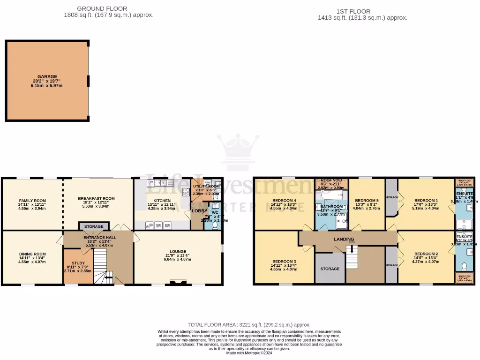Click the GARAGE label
tap(47, 77)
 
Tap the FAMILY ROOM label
tap(32, 201)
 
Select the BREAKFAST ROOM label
tap(96, 199)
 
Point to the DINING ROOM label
tap(32, 254)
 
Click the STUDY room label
tap(78, 263)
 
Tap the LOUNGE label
tap(178, 252)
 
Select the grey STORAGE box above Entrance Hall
tap(94, 227)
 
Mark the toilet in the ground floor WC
tap(215, 225)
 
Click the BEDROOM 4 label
tap(284, 201)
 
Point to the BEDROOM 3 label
tap(284, 261)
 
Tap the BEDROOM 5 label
tap(367, 201)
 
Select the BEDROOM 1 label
tap(426, 201)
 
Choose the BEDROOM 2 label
tap(426, 254)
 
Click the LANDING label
tap(344, 240)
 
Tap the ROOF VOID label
tap(331, 180)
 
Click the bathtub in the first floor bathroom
tap(331, 195)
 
